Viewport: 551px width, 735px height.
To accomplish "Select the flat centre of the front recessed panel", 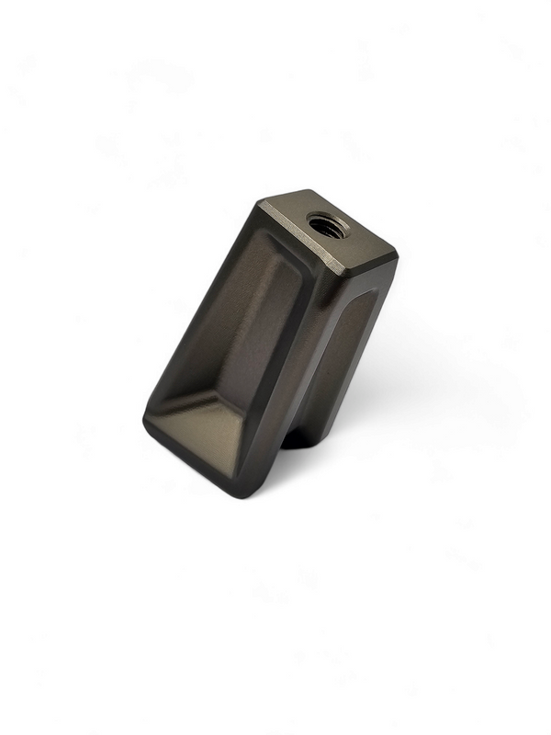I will click(x=234, y=340).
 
